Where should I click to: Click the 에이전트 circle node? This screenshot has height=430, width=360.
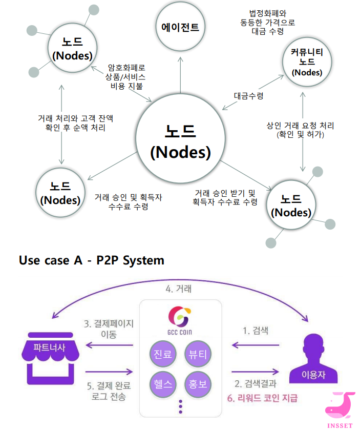(x=180, y=27)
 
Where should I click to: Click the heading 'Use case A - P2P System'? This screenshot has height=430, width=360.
(x=92, y=260)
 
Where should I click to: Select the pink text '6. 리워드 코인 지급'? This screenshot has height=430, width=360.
(x=262, y=398)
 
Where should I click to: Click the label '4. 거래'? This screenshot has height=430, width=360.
(x=179, y=289)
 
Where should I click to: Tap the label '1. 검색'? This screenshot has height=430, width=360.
(x=255, y=330)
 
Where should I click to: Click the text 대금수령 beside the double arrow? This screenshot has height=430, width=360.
(x=248, y=95)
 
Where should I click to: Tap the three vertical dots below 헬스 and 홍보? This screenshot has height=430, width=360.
(x=180, y=406)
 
